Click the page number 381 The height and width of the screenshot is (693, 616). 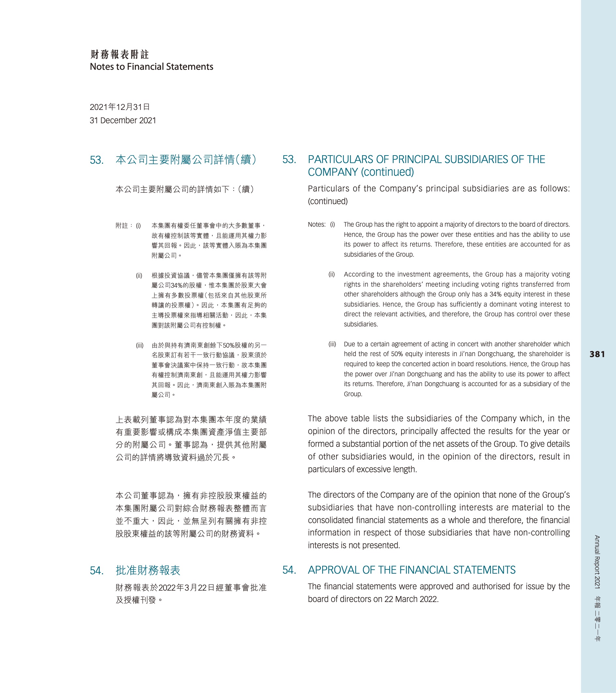[597, 354]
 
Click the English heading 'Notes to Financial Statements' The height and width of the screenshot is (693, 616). [151, 67]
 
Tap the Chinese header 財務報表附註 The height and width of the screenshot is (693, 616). [120, 54]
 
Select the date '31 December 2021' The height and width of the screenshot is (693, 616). [123, 120]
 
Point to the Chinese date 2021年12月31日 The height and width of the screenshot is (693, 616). [120, 107]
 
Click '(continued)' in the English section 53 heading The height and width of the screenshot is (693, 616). [387, 172]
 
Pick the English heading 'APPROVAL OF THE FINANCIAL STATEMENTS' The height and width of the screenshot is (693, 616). [411, 570]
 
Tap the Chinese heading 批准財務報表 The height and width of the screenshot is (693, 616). [148, 570]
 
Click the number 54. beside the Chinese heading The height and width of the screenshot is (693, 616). [97, 571]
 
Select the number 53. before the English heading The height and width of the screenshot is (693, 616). [289, 159]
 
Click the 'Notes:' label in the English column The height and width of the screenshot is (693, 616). [316, 224]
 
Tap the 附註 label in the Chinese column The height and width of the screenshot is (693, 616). [122, 226]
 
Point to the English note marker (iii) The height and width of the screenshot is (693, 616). [332, 344]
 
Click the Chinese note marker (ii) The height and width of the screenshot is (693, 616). [139, 276]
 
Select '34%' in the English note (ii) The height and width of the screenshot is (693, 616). [495, 294]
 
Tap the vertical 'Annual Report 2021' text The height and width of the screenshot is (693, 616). [597, 562]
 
